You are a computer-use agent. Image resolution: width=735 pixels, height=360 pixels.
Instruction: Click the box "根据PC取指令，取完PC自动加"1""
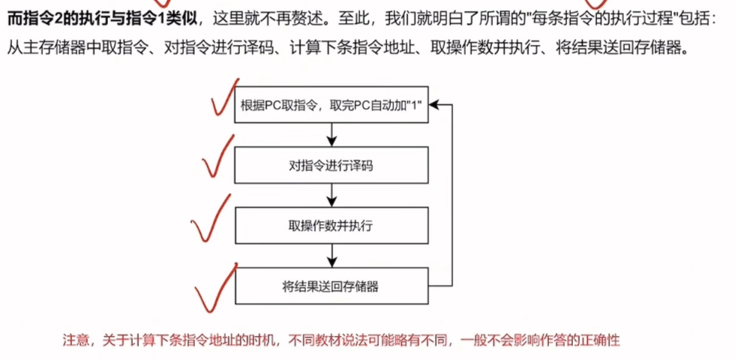[331, 105]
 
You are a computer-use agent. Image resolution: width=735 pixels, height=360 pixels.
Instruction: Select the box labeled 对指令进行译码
[331, 165]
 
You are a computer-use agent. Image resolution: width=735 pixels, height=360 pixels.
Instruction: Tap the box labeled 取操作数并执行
[331, 225]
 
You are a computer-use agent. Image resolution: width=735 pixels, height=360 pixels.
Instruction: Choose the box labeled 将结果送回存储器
[331, 285]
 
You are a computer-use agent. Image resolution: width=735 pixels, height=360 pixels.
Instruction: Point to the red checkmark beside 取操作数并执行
[210, 219]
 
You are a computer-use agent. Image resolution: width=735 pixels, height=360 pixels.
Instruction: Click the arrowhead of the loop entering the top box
[434, 105]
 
